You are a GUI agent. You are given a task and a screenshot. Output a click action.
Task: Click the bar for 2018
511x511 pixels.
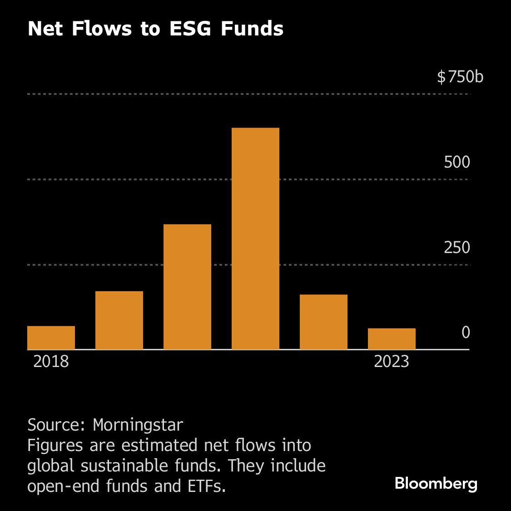coord(51,337)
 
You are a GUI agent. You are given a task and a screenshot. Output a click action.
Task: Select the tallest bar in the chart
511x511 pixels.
coord(255,238)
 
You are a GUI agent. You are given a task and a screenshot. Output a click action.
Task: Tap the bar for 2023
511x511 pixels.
coord(392,338)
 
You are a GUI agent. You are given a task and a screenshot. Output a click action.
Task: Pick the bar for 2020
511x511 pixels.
coord(187,287)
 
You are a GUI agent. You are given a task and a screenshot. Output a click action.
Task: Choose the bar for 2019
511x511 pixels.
coord(119,320)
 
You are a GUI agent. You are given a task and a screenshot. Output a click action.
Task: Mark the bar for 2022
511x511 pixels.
coord(323,322)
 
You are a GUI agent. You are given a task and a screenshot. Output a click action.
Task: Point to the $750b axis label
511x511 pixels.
coord(460,77)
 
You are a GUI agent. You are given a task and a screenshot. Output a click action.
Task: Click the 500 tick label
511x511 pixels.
coord(457,162)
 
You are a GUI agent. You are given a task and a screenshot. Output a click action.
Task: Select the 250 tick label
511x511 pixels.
coord(457,248)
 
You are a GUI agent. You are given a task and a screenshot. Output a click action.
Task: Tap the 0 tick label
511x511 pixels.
coord(466,332)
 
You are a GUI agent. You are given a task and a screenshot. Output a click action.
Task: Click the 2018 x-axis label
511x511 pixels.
coord(51,362)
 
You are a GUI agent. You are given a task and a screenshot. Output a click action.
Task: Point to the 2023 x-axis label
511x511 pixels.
coord(392,362)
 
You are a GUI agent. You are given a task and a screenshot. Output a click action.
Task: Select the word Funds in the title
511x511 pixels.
coord(252,29)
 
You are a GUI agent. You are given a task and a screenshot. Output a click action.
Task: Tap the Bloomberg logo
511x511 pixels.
coord(436,483)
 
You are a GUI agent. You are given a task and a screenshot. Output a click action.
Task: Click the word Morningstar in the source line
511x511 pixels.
coord(138,425)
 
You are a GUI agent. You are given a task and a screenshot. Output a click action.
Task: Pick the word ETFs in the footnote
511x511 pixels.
coord(207,486)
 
